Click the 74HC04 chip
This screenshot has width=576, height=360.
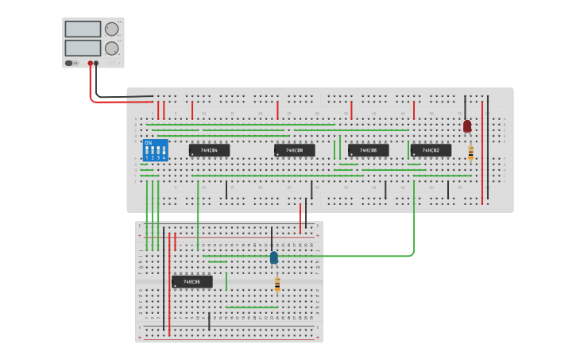[209, 150]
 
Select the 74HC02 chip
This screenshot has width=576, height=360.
[431, 150]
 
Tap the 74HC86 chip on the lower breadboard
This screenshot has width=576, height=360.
[191, 281]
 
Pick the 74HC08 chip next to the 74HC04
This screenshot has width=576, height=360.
[294, 150]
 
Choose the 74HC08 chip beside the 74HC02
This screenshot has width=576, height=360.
[368, 150]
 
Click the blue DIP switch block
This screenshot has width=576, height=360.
[155, 150]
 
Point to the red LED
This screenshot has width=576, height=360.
[467, 126]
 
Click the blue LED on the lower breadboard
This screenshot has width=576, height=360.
[274, 257]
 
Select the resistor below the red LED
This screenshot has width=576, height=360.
[470, 153]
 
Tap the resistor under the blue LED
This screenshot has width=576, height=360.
[277, 283]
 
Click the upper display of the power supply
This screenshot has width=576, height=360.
[83, 29]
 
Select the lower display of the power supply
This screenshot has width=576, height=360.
[83, 48]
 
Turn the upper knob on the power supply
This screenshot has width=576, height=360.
[111, 29]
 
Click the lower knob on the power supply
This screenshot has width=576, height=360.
[111, 48]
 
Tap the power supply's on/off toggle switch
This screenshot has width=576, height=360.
[70, 63]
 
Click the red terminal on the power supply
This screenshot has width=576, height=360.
[91, 63]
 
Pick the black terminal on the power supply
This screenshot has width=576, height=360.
[96, 63]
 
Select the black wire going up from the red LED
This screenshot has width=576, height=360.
[466, 106]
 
